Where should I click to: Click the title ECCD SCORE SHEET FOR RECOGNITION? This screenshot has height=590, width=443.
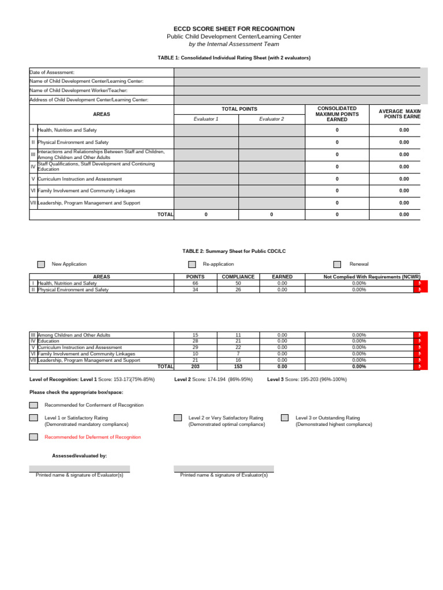[234, 29]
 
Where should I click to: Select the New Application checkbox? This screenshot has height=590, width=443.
[41, 264]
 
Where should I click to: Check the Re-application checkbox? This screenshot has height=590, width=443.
[192, 264]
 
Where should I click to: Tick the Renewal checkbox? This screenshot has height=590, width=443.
[337, 264]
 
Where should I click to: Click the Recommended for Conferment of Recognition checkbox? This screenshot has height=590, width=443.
[33, 405]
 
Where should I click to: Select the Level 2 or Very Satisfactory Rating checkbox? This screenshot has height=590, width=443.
[178, 418]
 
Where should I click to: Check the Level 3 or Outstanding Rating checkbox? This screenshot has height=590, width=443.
[284, 418]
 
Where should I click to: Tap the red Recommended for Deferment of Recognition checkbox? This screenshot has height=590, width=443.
[33, 437]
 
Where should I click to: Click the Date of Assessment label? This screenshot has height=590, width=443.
[52, 73]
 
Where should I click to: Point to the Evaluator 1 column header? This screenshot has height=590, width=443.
[206, 119]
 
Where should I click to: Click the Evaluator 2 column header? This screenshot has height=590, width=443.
[271, 119]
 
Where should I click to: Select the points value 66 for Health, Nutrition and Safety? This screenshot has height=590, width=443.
[195, 283]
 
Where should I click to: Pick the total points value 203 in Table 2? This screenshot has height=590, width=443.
[195, 366]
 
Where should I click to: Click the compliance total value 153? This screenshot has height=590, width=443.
[238, 366]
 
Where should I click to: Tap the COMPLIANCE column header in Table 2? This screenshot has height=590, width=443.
[238, 277]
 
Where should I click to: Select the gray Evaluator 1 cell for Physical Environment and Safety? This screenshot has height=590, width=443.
[206, 142]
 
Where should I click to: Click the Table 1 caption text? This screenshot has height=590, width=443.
[234, 58]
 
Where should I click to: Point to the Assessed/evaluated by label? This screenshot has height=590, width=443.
[79, 456]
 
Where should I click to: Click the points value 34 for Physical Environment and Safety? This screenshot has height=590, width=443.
[195, 290]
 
